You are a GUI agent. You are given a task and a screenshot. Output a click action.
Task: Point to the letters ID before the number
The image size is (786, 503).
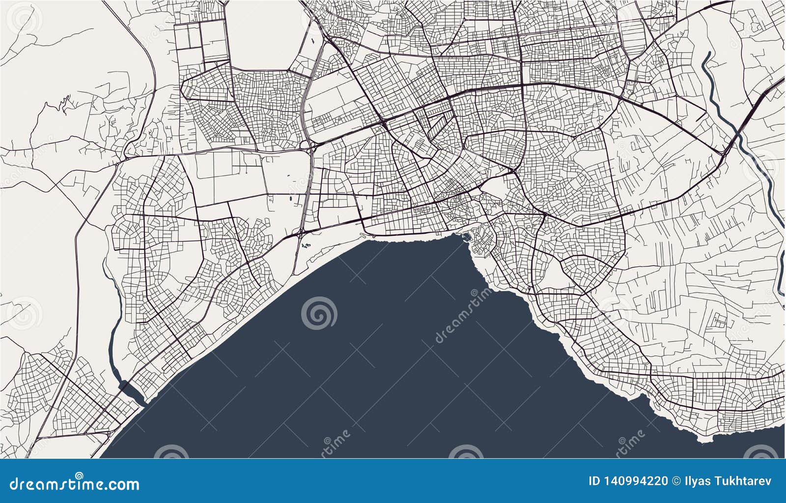click(x=593, y=481)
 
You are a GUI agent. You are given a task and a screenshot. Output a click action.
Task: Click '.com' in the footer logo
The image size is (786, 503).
click(x=122, y=484)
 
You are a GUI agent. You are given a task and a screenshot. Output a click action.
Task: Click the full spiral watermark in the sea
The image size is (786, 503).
click(x=319, y=313)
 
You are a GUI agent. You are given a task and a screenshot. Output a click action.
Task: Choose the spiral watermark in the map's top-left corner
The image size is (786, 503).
click(x=25, y=20)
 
